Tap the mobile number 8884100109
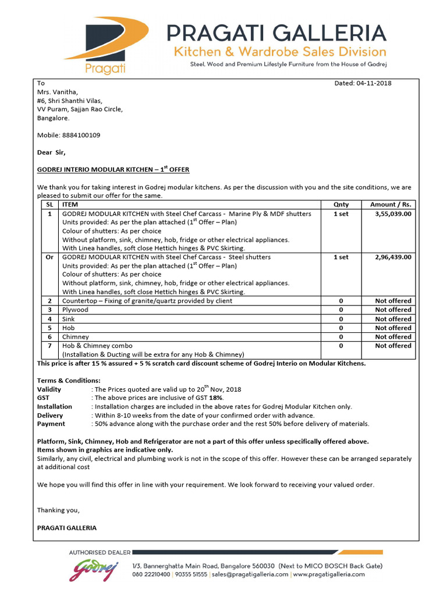81,135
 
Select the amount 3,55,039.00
391,214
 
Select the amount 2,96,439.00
391,257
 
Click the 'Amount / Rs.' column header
391,205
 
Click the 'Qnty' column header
340,205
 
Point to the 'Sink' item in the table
69,319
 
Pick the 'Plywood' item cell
75,310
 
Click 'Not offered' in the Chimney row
393,336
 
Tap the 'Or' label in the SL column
49,257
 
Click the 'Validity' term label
49,389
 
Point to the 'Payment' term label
51,424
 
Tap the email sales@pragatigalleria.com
250,574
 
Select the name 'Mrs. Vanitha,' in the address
57,92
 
